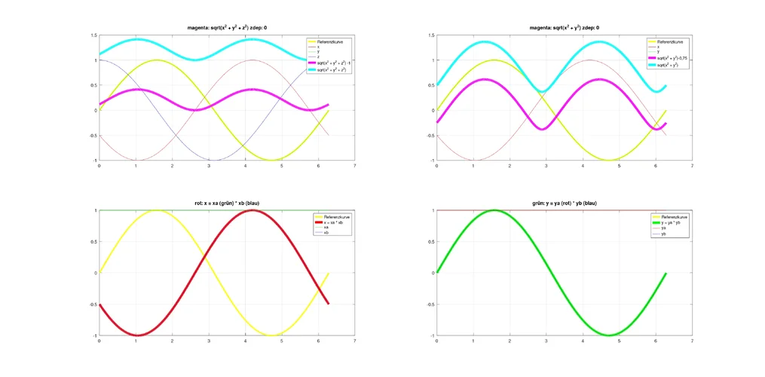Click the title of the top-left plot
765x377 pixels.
click(227, 27)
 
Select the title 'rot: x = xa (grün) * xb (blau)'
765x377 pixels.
click(227, 203)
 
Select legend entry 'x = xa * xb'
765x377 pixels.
click(332, 222)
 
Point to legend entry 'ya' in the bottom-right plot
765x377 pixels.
click(663, 228)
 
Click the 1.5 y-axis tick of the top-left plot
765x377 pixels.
click(93, 35)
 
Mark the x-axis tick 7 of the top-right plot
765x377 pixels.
click(692, 166)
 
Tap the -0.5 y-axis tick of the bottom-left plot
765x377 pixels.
click(92, 304)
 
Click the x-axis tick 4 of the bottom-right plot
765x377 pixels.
click(583, 341)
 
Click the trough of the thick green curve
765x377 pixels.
click(609, 335)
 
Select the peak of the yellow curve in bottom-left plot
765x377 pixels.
click(156, 210)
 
